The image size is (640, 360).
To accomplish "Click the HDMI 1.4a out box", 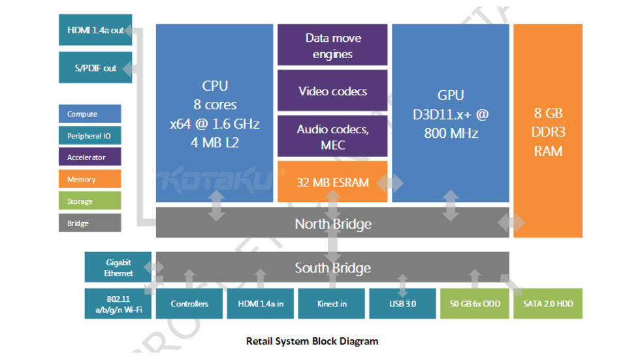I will coord(95,30).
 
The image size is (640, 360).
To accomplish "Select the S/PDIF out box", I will coord(95,68).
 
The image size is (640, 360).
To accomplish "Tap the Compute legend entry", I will coord(89,114).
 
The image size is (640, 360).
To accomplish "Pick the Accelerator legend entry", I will coord(89,157).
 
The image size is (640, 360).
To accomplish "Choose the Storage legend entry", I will coord(89,201).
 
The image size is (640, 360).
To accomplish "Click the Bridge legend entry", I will coord(89,223).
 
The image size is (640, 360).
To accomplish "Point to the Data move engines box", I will coord(332,46).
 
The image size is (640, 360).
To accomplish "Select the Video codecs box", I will coord(332,91).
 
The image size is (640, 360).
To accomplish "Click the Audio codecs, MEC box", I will coord(332,137).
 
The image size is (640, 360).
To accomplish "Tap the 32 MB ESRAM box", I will coord(332,182).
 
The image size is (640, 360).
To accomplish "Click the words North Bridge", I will coord(333,224).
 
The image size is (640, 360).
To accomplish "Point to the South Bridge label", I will coord(333,268).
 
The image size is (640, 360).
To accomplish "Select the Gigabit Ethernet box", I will coord(118,268).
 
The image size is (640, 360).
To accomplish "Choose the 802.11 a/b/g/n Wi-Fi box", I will coord(118,303).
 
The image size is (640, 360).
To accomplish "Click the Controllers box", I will coord(189,304).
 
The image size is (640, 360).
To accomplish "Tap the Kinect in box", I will coord(331,304).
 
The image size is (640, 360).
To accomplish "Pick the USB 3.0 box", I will coord(402,304).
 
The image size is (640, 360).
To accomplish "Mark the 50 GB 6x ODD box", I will coord(474,304).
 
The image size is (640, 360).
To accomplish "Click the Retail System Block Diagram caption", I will coord(312,341).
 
